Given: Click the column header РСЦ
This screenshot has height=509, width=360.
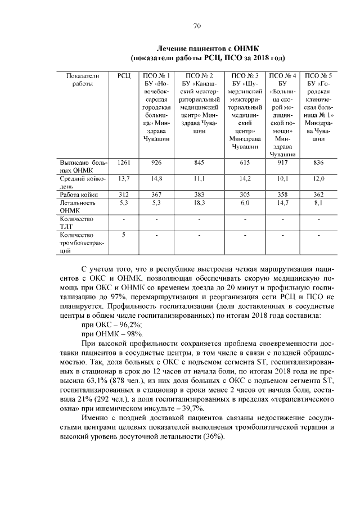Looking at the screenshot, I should point(124,75).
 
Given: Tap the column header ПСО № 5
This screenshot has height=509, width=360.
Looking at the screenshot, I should point(318,75).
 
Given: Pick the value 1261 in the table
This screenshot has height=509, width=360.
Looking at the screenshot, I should point(124,163).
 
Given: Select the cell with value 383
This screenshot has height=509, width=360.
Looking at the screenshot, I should point(198,194).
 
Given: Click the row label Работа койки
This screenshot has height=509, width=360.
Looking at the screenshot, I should point(79,194).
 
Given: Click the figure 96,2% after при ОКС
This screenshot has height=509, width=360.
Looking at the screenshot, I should point(128,325).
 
